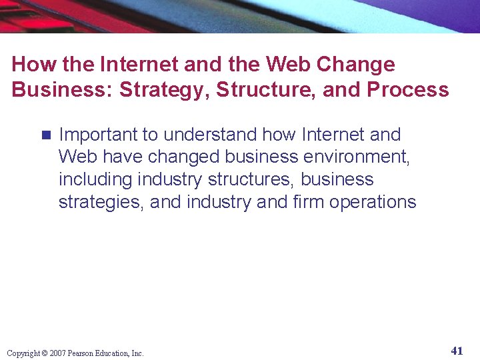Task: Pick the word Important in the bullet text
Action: tap(99, 135)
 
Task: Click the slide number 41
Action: tap(457, 351)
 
